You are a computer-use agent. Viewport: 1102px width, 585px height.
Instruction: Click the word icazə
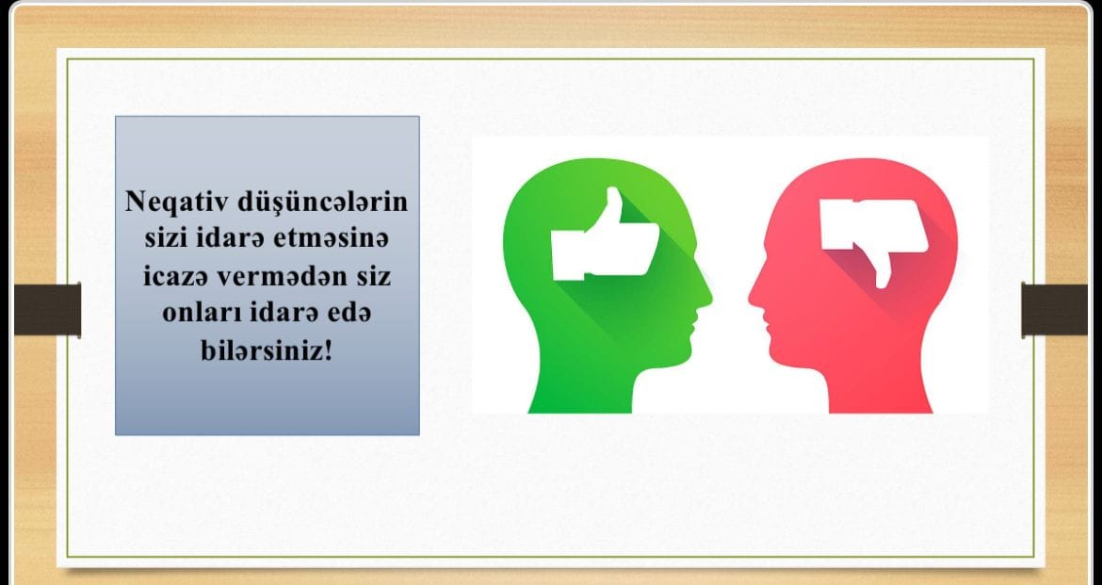point(176,276)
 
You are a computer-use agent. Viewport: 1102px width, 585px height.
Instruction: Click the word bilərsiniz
point(262,349)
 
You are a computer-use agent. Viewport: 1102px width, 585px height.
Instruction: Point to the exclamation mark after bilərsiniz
point(328,349)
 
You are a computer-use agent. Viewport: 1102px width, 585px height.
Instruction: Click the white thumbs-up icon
point(605,235)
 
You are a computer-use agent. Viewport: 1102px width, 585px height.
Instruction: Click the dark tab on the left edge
point(47,309)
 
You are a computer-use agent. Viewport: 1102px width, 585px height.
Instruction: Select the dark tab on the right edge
point(1054,309)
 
